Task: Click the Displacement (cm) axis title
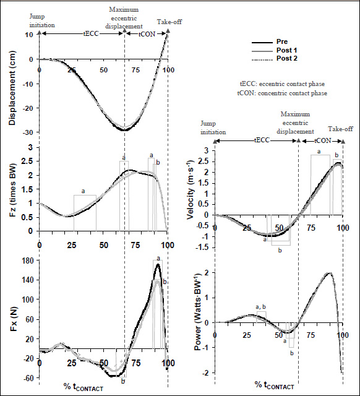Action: click(12, 88)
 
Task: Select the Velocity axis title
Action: click(191, 189)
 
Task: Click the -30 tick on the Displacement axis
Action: click(28, 132)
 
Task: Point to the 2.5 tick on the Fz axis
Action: click(28, 161)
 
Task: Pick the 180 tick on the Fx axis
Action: click(28, 260)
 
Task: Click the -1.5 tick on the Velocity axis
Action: click(204, 247)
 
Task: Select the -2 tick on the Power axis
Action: click(207, 372)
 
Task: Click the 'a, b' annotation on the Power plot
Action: click(261, 307)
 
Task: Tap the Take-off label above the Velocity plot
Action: click(340, 129)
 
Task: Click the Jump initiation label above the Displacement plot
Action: click(42, 21)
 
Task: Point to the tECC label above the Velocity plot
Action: click(262, 140)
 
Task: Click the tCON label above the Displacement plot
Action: click(147, 34)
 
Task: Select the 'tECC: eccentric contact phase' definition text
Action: click(282, 84)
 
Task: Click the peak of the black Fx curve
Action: click(158, 264)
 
